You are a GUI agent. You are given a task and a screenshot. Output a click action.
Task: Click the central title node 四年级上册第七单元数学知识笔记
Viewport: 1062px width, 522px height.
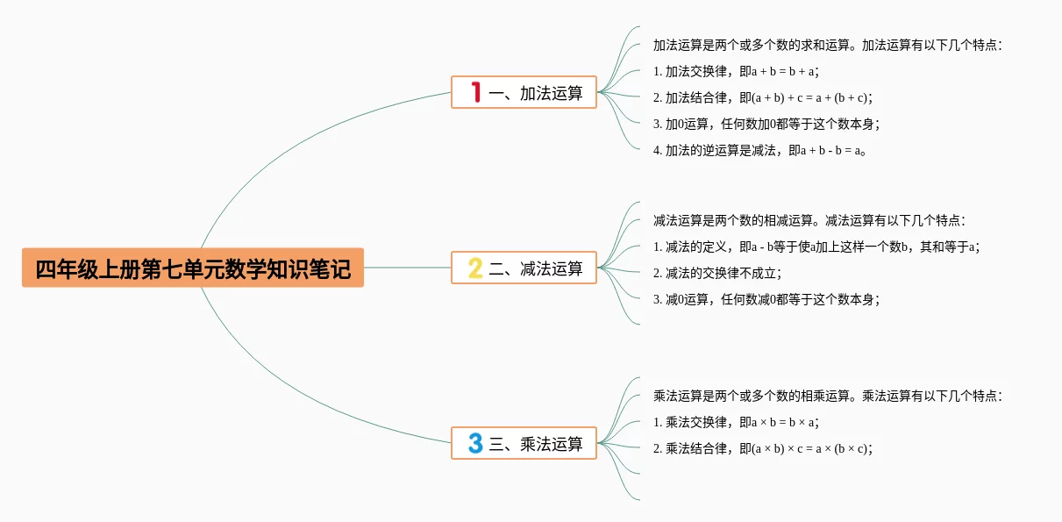(x=193, y=268)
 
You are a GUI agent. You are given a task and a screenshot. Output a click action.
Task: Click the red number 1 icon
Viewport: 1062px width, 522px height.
(x=476, y=92)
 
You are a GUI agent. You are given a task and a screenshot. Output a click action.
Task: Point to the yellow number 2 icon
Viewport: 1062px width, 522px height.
(x=475, y=268)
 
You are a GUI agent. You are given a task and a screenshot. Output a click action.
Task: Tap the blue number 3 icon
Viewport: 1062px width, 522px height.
(x=475, y=444)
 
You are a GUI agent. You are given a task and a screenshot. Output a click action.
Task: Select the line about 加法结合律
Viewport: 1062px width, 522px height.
(x=763, y=97)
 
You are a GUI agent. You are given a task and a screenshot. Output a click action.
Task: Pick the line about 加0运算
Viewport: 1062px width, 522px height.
(x=766, y=124)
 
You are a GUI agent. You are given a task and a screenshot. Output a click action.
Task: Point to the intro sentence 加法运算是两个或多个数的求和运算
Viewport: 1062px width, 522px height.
(x=827, y=45)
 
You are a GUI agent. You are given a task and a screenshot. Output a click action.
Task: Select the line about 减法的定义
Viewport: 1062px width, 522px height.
(x=816, y=247)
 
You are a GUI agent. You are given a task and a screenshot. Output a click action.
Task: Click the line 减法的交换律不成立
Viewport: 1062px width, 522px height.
(x=716, y=273)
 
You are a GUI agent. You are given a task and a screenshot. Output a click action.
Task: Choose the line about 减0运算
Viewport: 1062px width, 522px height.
(x=766, y=299)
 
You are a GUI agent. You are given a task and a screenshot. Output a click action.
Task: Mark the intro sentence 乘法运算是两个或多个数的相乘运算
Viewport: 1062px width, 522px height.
(x=827, y=396)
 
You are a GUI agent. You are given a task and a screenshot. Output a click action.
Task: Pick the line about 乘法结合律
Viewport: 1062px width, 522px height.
(x=763, y=448)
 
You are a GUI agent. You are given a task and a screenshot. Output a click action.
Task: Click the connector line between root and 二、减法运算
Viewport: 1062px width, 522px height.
(x=407, y=268)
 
